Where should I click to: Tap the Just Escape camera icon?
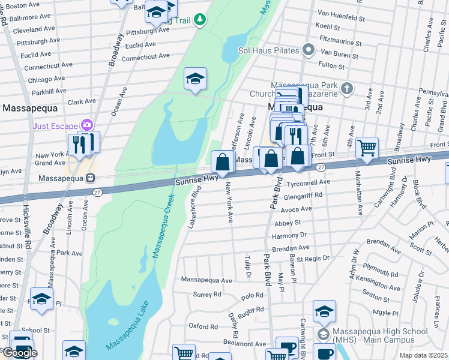pos(88,125)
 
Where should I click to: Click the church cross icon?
pos(346,89)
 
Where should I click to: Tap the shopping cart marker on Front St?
pos(367,146)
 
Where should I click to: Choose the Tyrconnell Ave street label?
pos(309,181)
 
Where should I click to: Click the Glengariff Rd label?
pos(304,195)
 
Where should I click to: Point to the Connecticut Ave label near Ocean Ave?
pos(145,56)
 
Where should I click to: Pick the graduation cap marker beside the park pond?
pos(195,79)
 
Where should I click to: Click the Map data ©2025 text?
pos(424,355)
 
